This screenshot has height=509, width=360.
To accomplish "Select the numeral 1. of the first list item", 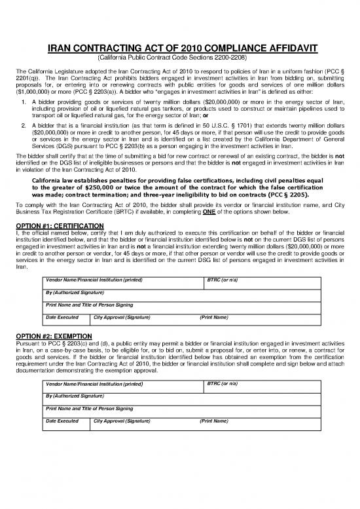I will pyautogui.click(x=24, y=102).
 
